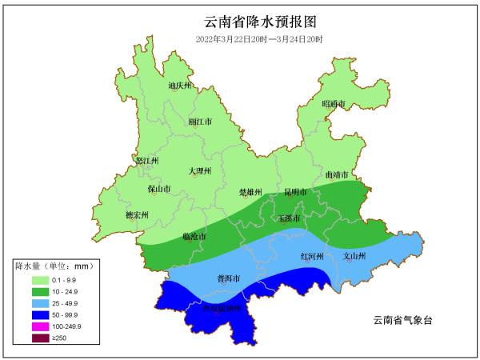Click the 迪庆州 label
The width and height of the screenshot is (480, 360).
180,85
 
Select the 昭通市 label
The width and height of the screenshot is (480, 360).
334,104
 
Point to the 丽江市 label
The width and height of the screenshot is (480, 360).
200,122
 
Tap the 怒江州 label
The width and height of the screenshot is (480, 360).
148,160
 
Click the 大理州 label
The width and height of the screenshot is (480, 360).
200,170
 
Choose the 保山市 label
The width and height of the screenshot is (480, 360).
160,189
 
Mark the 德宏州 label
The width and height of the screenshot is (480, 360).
138,214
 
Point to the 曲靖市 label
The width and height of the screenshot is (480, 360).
337,174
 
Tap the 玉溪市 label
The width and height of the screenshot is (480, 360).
288,218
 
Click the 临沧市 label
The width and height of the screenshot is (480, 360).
194,237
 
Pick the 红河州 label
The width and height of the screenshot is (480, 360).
311,256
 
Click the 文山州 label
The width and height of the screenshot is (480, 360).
354,256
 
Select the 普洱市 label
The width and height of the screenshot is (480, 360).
230,278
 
